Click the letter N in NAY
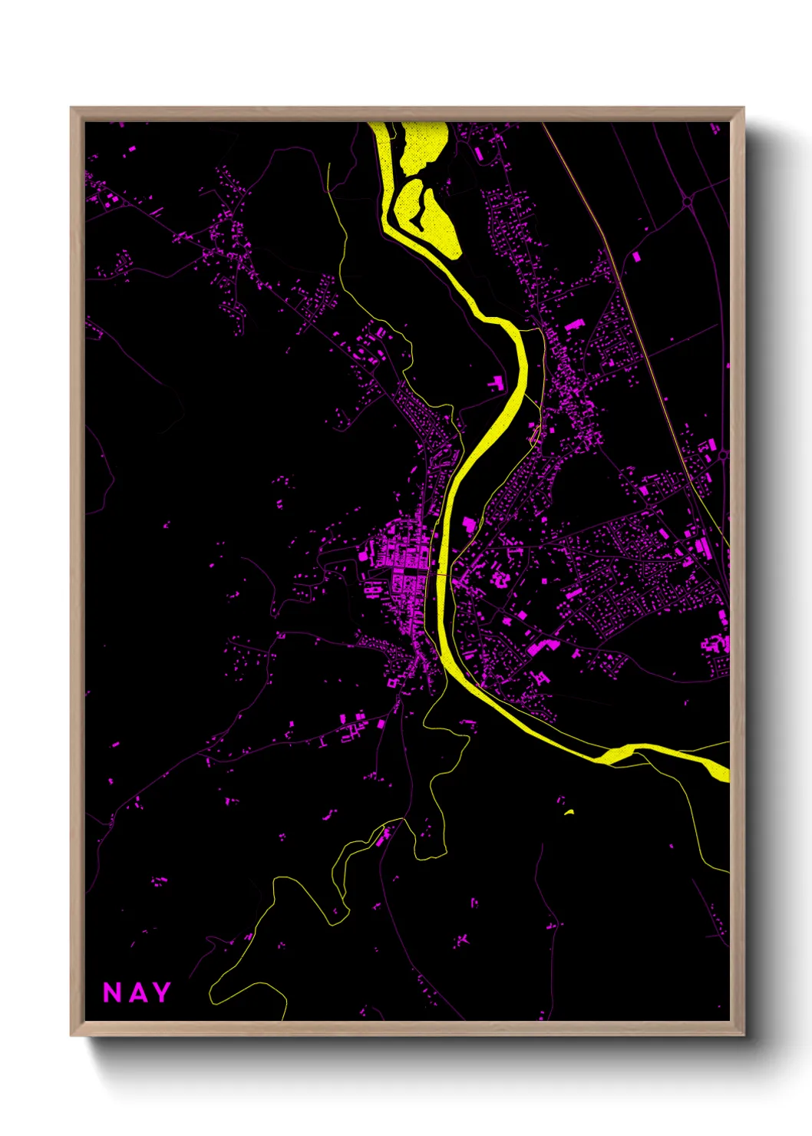pos(112,992)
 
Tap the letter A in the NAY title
pos(137,992)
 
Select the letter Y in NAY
pos(160,992)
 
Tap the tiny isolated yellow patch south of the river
pos(569,811)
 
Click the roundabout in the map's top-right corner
pos(687,202)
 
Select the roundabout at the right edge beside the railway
pos(722,455)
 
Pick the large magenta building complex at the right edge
pos(717,643)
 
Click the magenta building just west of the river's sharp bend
pos(496,382)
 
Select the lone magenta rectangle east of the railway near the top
pos(635,257)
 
